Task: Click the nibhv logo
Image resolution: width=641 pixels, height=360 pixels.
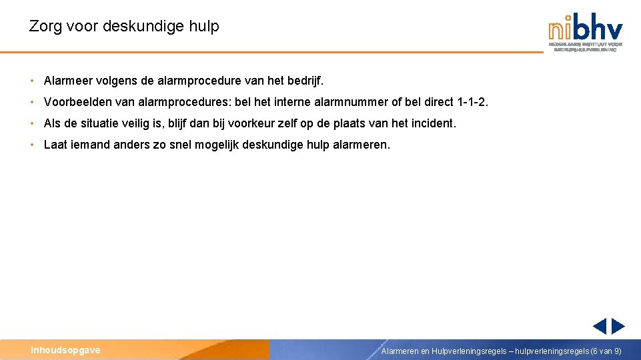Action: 586,31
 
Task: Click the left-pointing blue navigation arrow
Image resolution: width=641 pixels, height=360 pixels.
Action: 599,326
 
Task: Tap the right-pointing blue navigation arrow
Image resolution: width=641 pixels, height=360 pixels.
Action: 618,326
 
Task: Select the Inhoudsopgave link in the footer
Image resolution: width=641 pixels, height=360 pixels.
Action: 65,350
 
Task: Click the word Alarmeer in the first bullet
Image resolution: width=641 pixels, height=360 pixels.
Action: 68,81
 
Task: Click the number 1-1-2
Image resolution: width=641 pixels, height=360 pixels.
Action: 473,102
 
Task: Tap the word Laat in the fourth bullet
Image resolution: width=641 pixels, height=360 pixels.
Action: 55,145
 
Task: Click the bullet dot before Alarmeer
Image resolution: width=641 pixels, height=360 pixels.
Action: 32,81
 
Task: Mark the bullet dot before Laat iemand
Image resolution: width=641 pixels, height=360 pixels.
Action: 32,145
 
